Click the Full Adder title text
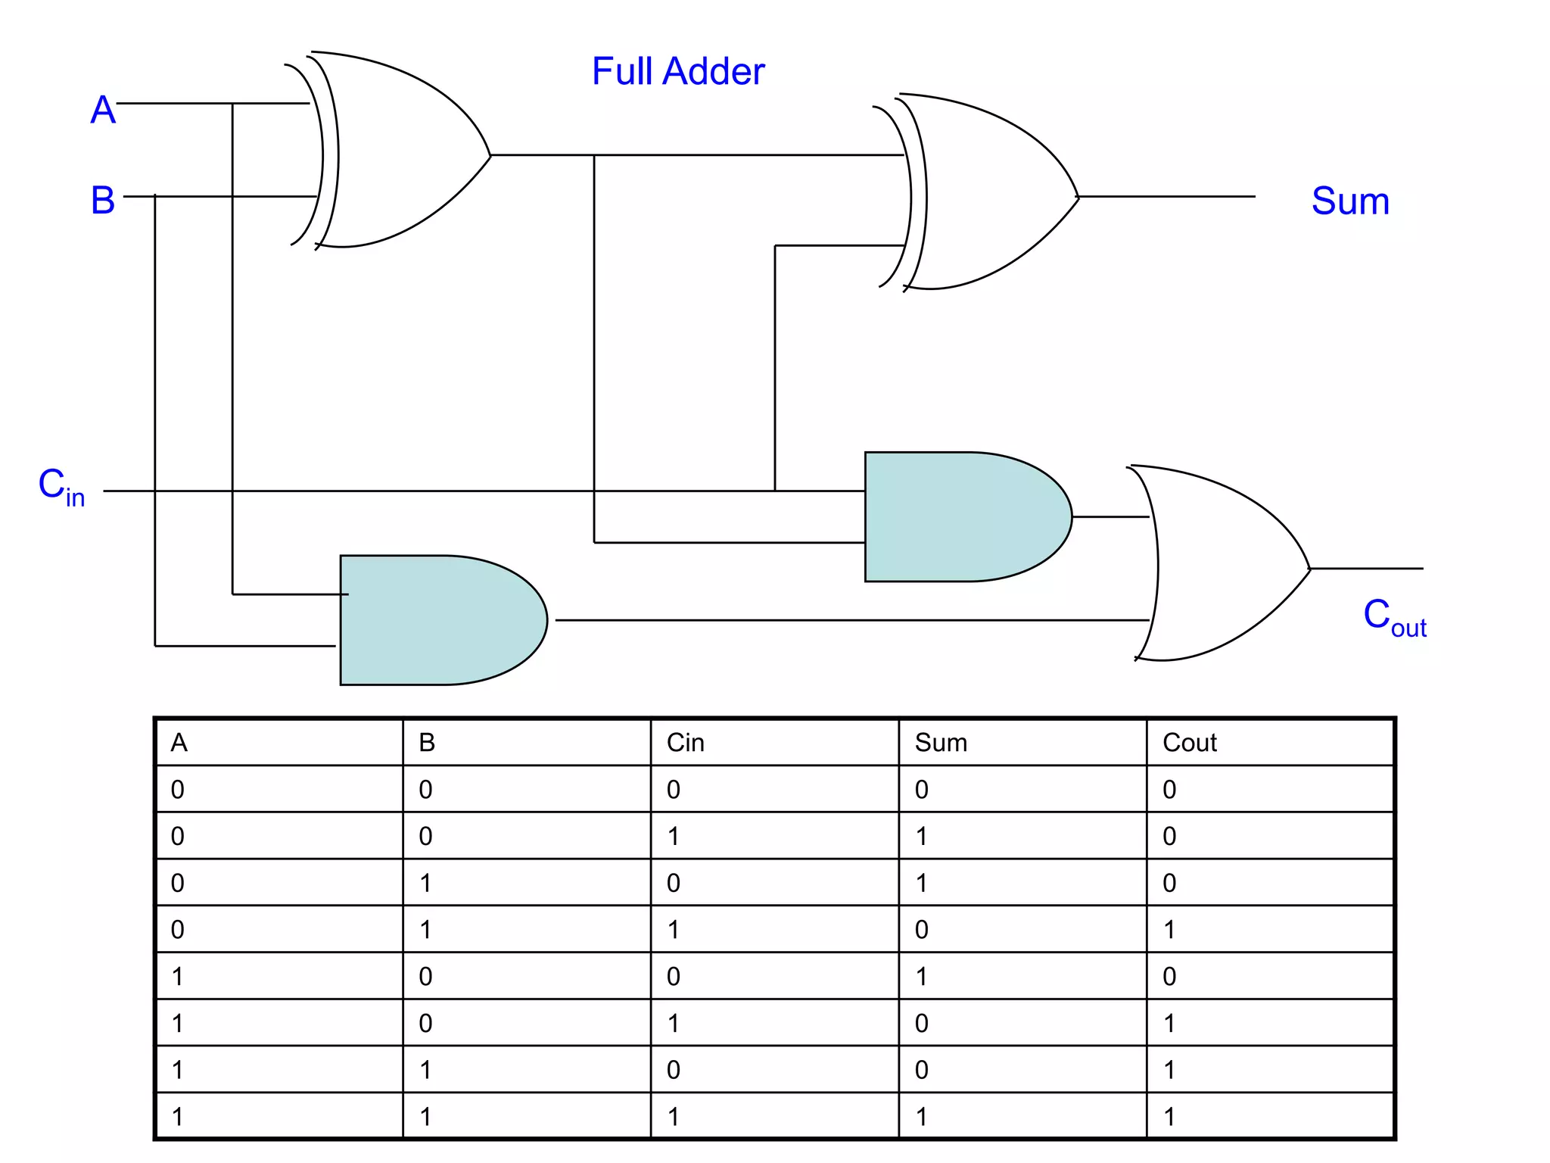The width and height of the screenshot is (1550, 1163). coord(677,72)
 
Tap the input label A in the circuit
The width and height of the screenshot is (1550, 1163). coord(103,111)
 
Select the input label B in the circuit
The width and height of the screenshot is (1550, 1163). coord(103,201)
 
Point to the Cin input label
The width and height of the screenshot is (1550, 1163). coord(61,487)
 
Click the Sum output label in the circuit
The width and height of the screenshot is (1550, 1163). coord(1350,201)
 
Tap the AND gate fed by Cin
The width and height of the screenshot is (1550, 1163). coord(961,517)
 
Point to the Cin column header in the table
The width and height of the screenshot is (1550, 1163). coord(685,743)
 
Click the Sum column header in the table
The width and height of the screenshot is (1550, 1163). coord(941,743)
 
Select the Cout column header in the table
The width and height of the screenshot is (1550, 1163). coord(1189,743)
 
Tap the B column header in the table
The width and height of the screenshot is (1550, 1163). coord(427,743)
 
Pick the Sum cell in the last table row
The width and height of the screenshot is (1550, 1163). coord(921,1117)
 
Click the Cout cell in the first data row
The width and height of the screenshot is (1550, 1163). coord(1169,790)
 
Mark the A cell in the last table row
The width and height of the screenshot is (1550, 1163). coord(177,1117)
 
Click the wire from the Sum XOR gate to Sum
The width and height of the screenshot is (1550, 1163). coord(1166,196)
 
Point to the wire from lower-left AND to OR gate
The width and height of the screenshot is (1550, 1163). coord(848,620)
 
